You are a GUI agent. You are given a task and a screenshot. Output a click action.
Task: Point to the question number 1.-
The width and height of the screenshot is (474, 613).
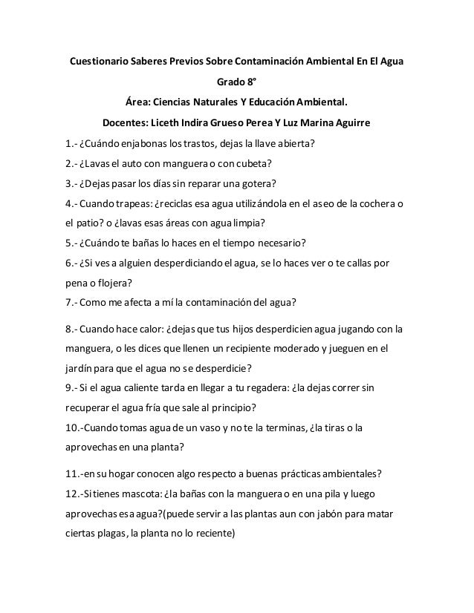[69, 143]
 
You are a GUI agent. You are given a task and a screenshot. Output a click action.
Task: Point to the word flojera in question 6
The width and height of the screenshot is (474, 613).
[119, 283]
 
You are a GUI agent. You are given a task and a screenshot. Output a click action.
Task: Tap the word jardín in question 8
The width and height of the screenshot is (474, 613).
[77, 367]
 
